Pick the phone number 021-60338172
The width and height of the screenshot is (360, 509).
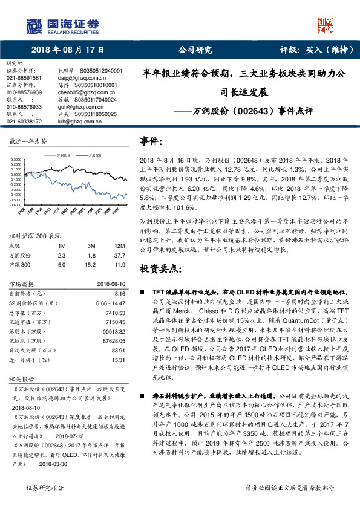[x=24, y=122]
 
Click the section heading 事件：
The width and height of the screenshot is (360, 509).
[x=152, y=141]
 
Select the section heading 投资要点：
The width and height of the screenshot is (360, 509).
[x=161, y=268]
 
